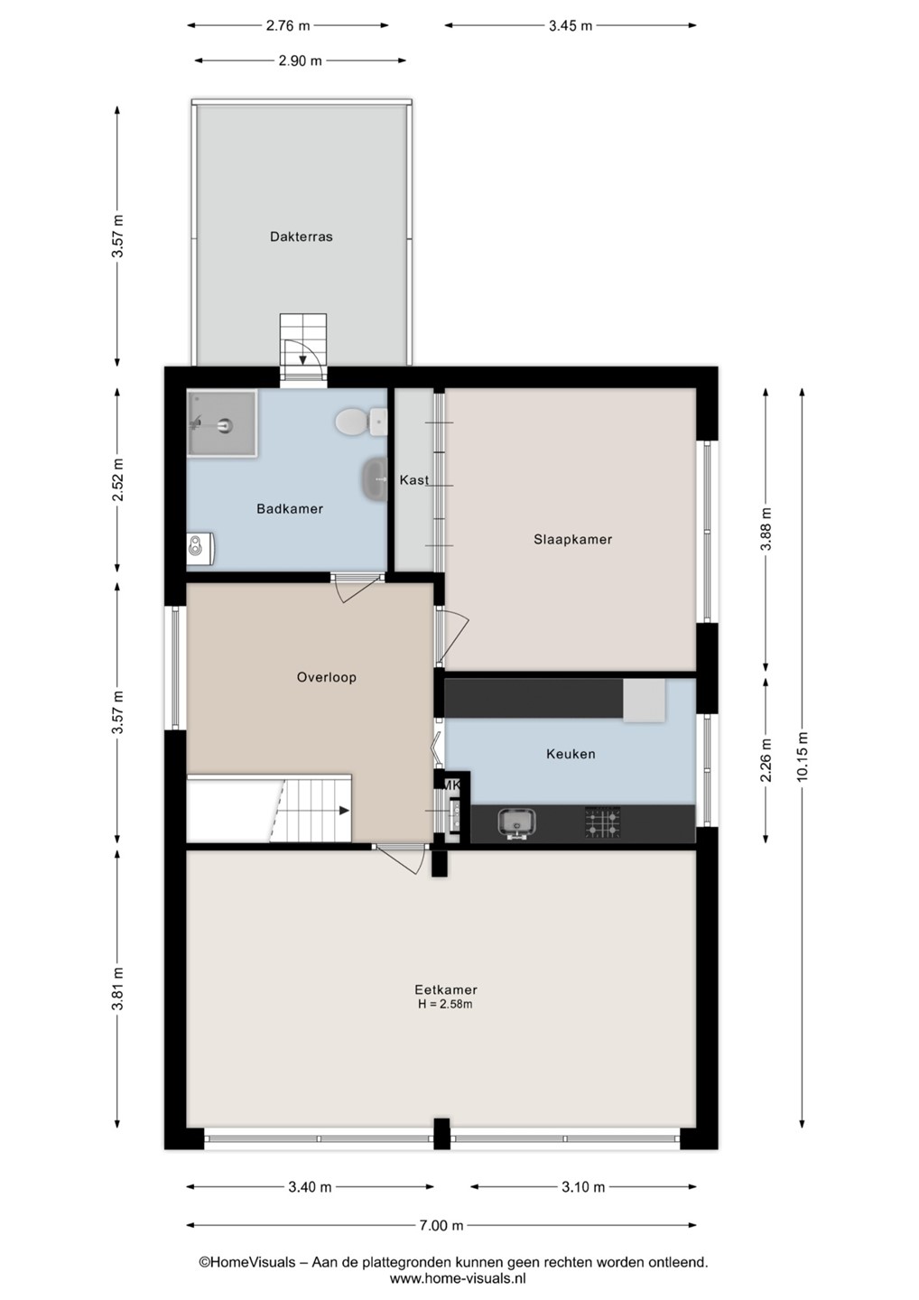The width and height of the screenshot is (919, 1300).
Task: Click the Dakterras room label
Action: (302, 237)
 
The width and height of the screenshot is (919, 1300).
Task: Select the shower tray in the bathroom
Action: (222, 424)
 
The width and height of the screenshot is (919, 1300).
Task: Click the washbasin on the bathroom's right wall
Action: (376, 479)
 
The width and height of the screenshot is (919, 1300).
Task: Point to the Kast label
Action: (414, 480)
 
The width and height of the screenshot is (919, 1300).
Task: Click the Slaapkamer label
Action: (572, 539)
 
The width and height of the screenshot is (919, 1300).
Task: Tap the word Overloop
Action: (326, 677)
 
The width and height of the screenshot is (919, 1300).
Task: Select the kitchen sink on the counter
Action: (517, 823)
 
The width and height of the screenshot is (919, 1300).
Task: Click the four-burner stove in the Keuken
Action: (603, 822)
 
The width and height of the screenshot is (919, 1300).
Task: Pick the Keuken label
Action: (571, 754)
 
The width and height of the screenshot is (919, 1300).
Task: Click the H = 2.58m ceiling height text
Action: (445, 1005)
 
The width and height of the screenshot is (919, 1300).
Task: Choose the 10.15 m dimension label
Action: (803, 757)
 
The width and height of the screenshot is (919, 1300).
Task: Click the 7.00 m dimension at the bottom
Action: (441, 1225)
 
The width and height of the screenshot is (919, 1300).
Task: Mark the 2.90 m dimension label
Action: (300, 60)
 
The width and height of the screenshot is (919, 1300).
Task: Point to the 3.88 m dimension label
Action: (766, 529)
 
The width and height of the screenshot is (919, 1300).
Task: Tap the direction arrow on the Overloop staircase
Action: (344, 810)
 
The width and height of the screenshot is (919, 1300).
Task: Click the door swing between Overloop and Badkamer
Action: (359, 589)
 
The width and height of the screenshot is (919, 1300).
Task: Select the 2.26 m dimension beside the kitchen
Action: (766, 760)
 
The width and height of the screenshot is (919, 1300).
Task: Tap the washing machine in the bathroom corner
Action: (200, 549)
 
